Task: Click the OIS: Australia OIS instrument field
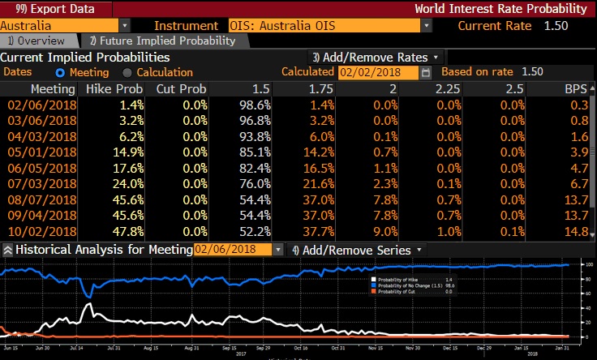[324, 26]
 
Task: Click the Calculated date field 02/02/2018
[378, 72]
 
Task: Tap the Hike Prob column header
[119, 88]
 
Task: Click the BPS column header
[575, 88]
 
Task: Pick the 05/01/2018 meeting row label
[42, 152]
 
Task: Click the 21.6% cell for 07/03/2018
[317, 184]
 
